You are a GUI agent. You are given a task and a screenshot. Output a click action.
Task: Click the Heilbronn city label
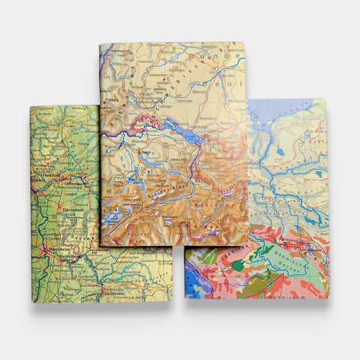115,292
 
